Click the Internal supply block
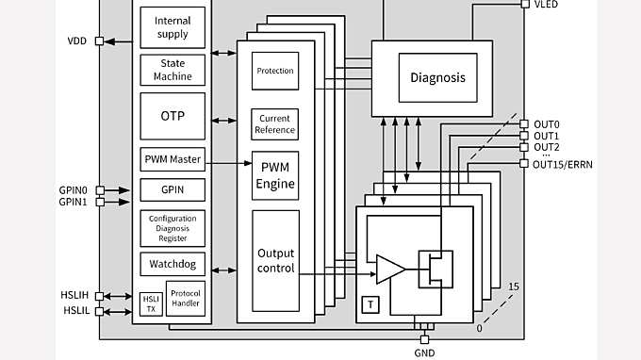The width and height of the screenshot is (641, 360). [172, 27]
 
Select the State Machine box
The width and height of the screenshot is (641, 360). [172, 70]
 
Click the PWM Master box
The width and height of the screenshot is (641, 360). [172, 158]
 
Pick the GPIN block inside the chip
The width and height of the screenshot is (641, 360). [172, 189]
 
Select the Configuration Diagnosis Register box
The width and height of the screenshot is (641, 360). [172, 227]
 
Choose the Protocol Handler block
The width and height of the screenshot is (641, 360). [186, 298]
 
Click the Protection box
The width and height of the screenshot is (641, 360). [275, 71]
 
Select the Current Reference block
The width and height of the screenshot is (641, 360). [275, 124]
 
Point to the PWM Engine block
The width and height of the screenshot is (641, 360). [275, 175]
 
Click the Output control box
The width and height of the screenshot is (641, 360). [275, 261]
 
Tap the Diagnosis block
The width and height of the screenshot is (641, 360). [437, 78]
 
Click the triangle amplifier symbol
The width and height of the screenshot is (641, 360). [389, 270]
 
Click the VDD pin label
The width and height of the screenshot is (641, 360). [77, 41]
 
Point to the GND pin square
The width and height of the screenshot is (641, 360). [424, 339]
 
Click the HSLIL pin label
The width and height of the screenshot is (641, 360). [76, 311]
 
